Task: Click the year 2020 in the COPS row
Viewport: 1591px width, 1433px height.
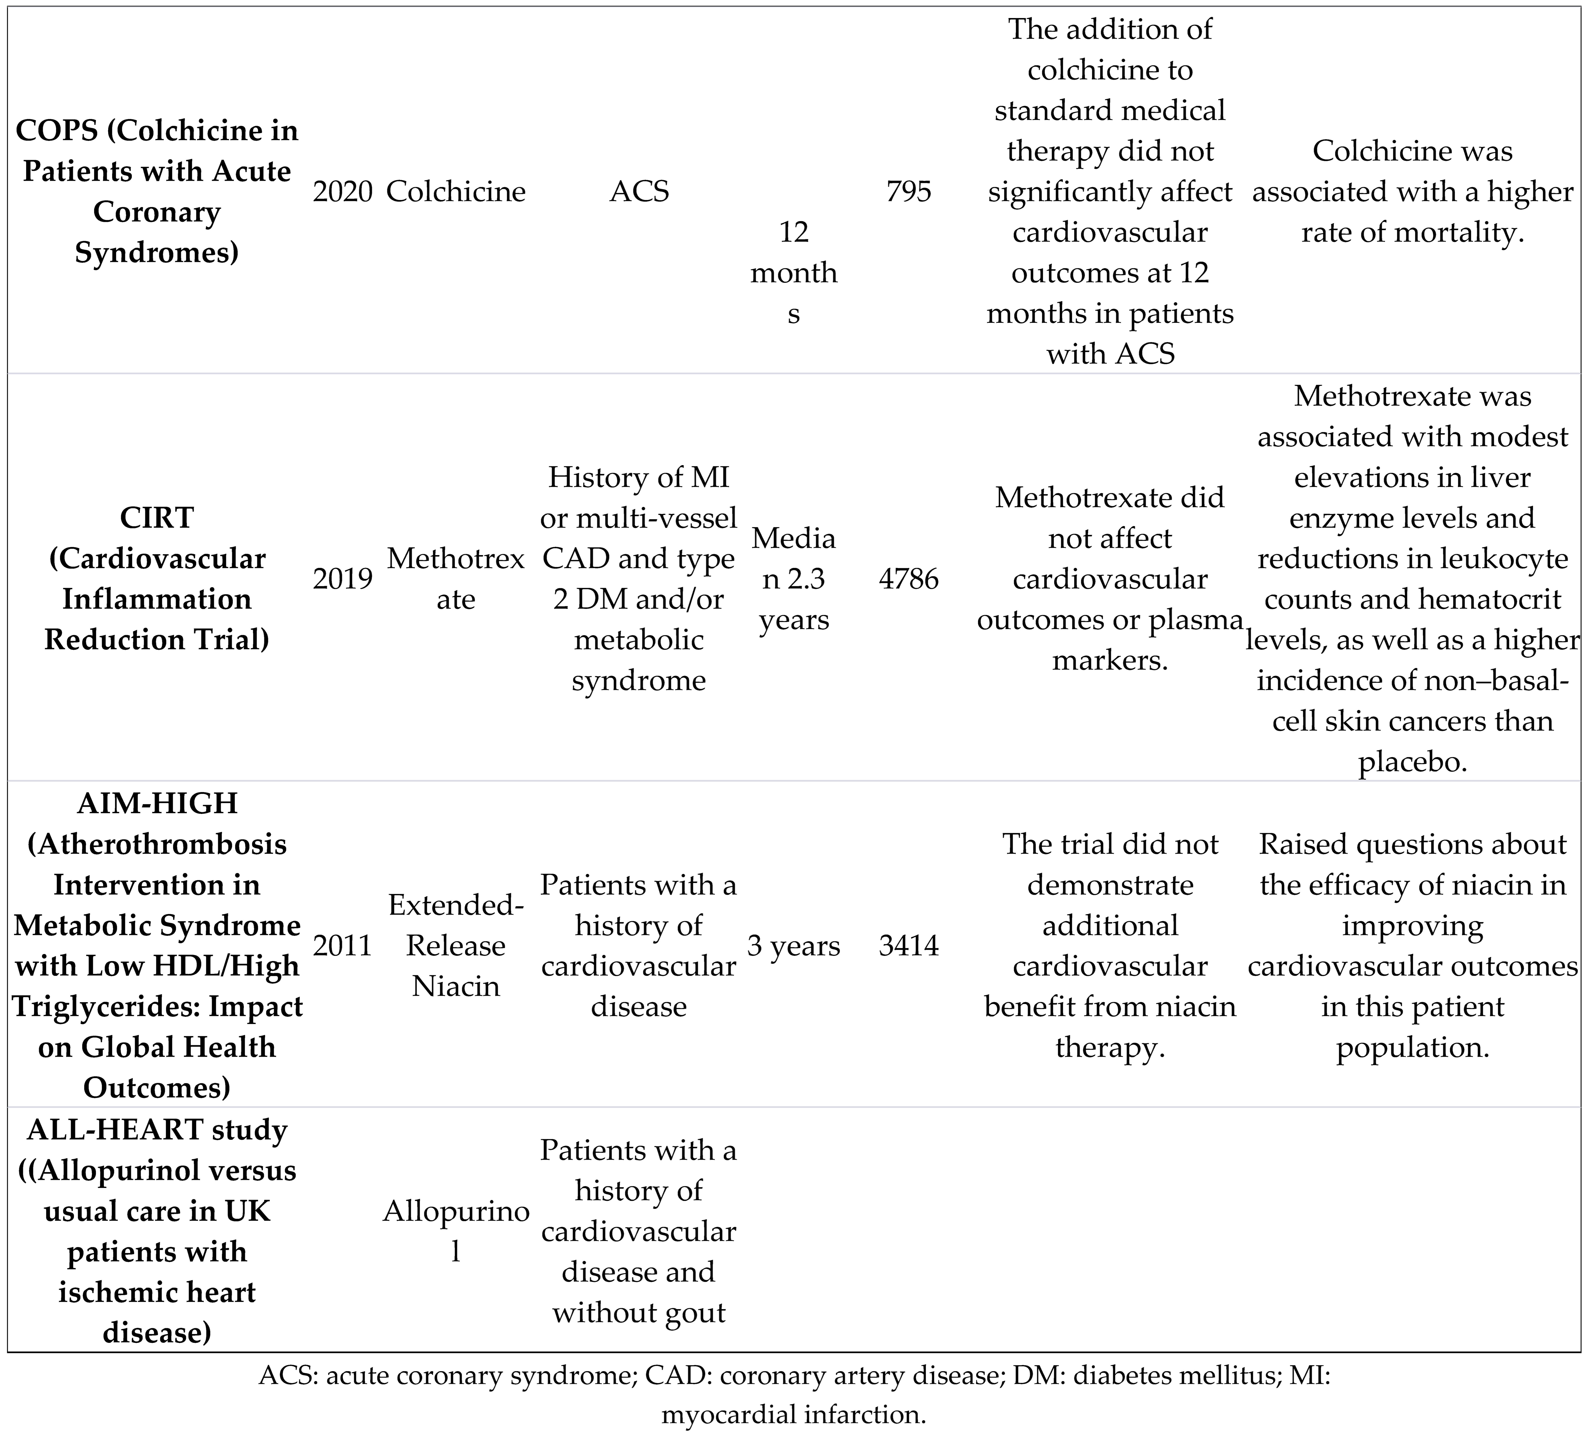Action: coord(343,191)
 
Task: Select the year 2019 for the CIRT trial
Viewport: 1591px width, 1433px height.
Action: coord(343,579)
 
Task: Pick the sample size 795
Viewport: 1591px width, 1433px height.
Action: coord(909,191)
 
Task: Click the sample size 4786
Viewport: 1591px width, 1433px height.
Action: coord(909,579)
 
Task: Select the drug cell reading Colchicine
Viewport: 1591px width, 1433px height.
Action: coord(456,191)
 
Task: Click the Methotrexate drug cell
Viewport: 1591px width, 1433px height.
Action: coord(456,579)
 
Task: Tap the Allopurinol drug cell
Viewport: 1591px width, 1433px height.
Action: coord(456,1231)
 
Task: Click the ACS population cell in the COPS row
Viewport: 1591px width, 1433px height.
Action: coord(638,191)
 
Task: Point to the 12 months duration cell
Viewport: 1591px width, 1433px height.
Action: coord(793,273)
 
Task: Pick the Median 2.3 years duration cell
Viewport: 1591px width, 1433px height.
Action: coord(793,579)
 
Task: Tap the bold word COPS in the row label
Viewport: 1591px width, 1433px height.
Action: coord(57,131)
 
